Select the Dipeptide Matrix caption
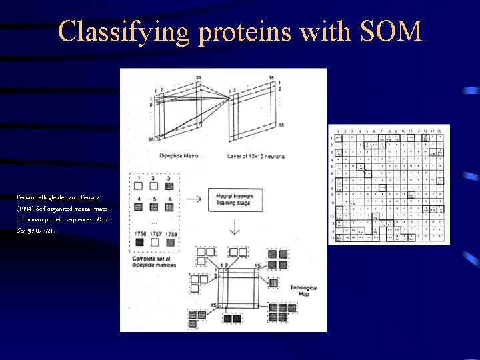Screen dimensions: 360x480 coord(174,156)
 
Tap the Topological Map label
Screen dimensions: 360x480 coord(303,291)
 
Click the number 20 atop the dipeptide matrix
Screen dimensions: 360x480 coord(199,78)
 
